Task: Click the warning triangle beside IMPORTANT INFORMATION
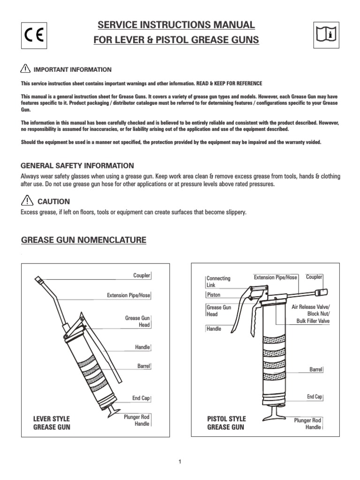tap(26, 69)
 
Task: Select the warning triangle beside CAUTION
tap(27, 201)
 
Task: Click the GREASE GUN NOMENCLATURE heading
tap(84, 240)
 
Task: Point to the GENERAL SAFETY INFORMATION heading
tap(78, 166)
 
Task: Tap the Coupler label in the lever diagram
tap(142, 276)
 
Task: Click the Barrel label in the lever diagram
tap(143, 366)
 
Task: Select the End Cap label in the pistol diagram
tap(315, 397)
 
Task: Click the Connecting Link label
tap(218, 282)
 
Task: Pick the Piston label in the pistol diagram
tap(213, 295)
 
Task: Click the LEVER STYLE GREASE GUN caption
tap(52, 423)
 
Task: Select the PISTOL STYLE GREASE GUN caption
tap(226, 423)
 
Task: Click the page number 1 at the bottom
tap(180, 462)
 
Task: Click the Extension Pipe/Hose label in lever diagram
tap(128, 296)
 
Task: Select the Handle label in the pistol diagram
tap(214, 329)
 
